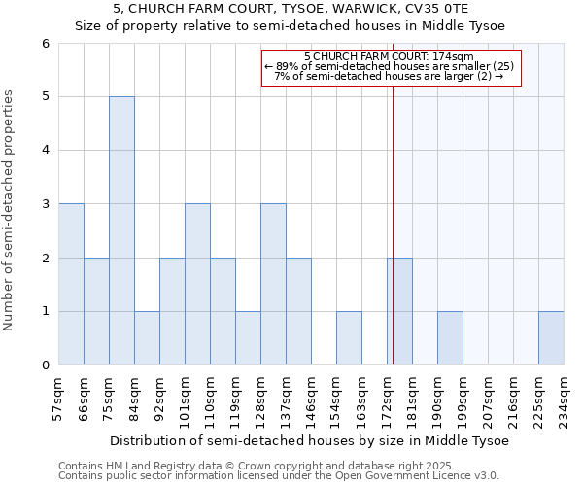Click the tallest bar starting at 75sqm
click(x=121, y=230)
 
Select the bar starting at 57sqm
click(x=71, y=284)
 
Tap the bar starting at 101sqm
click(x=197, y=284)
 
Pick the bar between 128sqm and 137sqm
click(x=273, y=284)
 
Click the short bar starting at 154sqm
click(x=349, y=337)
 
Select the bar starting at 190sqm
click(x=450, y=337)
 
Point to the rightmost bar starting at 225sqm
click(x=551, y=337)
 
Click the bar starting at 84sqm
click(x=147, y=337)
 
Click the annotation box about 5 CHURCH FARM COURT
click(x=392, y=67)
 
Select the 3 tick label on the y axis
click(x=45, y=204)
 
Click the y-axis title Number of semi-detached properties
click(x=10, y=210)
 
